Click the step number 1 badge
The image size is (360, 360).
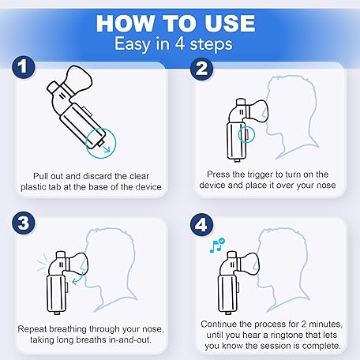point(24,67)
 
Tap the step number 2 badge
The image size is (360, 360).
point(201,69)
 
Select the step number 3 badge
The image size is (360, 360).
point(24,223)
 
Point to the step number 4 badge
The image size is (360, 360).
point(202,225)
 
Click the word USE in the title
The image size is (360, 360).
point(230,24)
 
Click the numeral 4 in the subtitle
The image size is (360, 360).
point(180,43)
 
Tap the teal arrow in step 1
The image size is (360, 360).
point(106,148)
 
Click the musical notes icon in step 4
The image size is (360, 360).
point(217,246)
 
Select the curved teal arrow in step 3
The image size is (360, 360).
point(77,279)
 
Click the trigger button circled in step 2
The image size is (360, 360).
point(247,134)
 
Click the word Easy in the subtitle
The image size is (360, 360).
point(133,44)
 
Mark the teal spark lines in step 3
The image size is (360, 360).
point(42,262)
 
